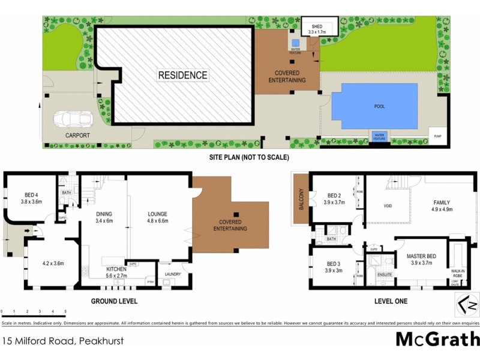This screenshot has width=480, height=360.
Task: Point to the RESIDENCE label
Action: [183, 75]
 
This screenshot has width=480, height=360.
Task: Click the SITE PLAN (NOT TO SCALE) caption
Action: [248, 158]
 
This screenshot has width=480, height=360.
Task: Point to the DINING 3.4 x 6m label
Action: [109, 217]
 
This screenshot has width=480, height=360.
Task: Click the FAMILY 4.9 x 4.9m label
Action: [440, 206]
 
